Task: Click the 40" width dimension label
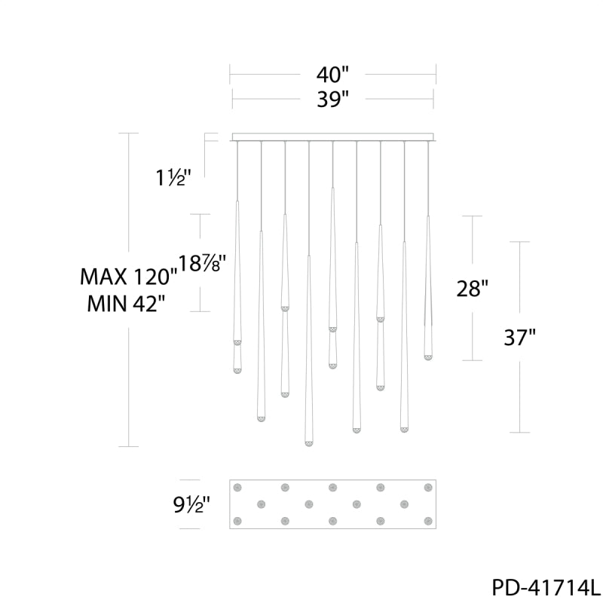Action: click(332, 74)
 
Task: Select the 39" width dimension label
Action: click(332, 99)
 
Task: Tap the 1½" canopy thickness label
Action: click(173, 178)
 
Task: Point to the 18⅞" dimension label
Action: click(201, 264)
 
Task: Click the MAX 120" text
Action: click(128, 276)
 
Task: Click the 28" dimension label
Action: click(473, 288)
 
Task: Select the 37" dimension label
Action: click(519, 337)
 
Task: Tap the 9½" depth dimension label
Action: click(191, 504)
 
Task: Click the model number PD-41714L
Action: click(546, 587)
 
